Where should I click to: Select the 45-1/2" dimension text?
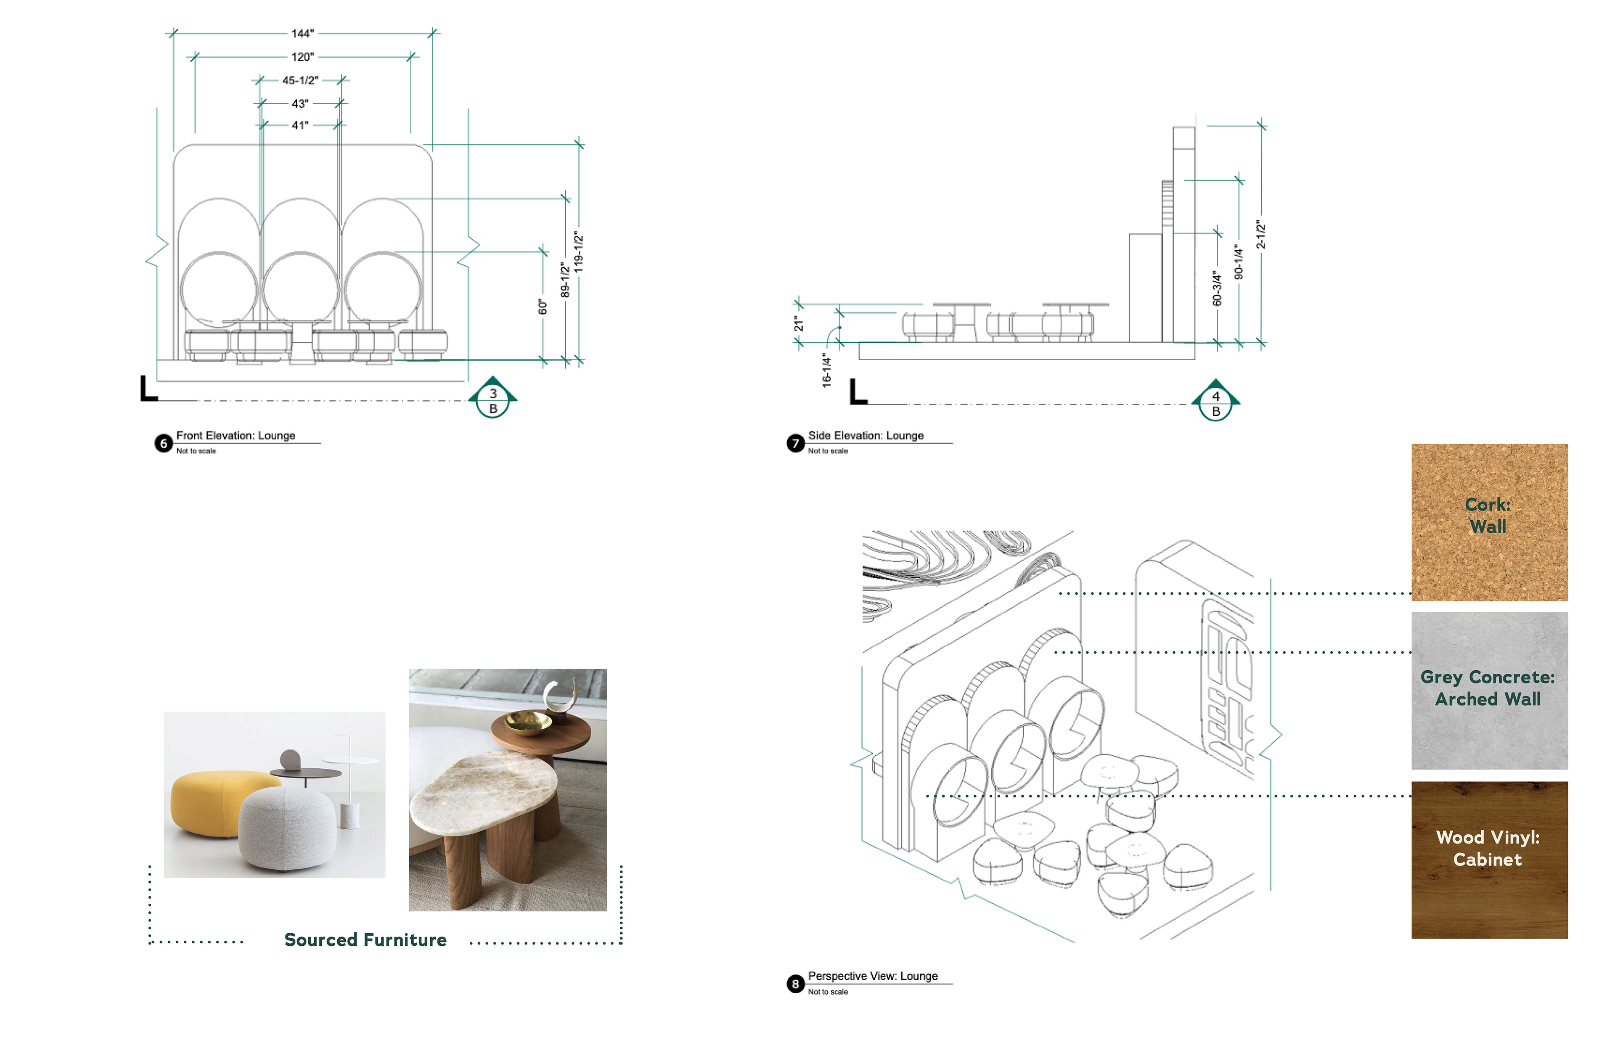pos(300,80)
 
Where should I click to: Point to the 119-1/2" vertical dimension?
pos(579,252)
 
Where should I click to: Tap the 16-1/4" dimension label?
pos(826,370)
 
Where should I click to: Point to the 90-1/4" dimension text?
pos(1239,262)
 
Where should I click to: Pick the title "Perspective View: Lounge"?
pos(873,976)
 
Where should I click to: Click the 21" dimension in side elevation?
pos(799,324)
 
